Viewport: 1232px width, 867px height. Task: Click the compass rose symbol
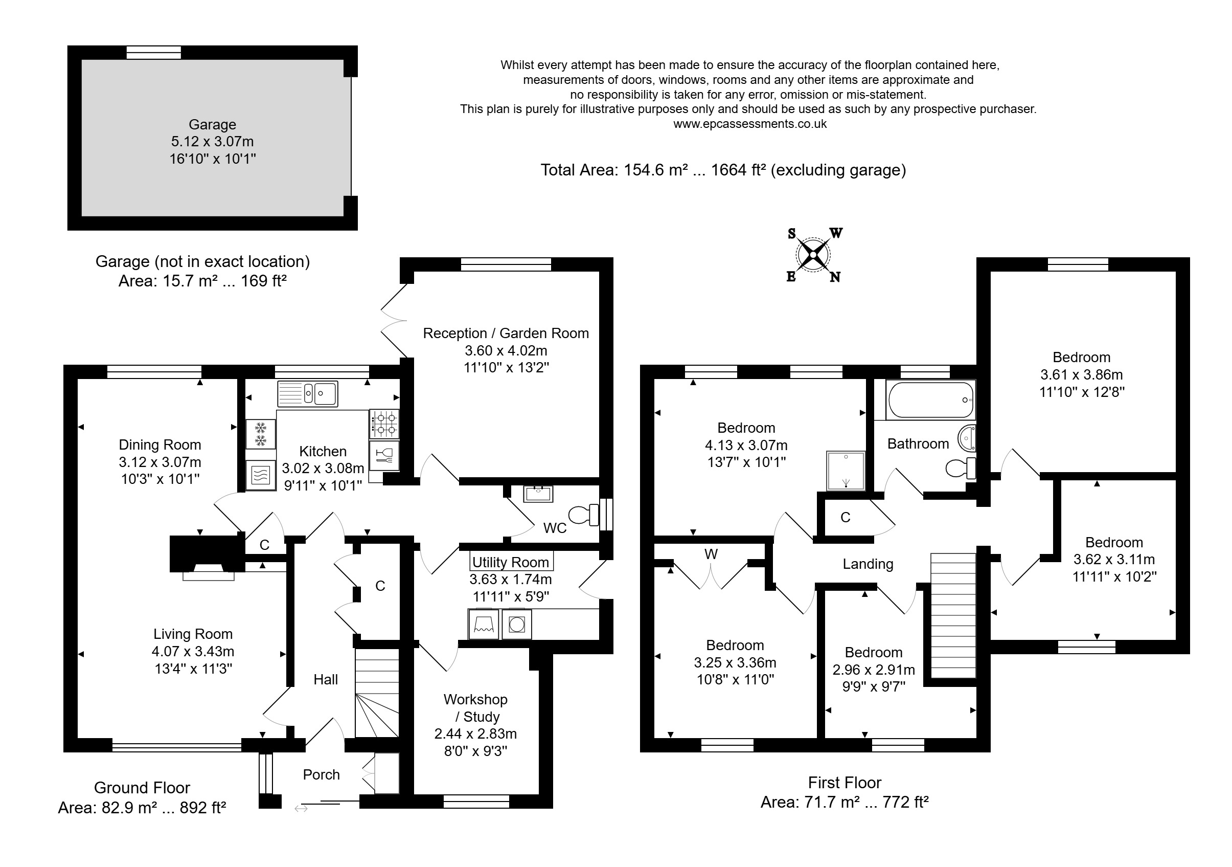813,255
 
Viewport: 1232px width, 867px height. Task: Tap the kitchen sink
307,394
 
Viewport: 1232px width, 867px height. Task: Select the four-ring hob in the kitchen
385,424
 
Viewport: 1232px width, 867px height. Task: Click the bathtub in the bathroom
931,400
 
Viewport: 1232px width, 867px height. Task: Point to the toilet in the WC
583,514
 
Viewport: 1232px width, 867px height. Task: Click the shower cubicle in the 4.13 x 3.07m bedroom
846,471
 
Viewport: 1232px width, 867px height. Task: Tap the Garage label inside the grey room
212,124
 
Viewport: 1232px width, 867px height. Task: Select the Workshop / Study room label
475,708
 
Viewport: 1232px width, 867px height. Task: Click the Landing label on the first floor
868,564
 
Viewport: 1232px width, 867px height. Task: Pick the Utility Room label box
511,562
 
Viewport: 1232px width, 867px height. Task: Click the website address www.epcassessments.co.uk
749,124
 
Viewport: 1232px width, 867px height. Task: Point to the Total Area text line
723,170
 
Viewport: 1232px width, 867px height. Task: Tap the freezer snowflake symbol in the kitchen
261,434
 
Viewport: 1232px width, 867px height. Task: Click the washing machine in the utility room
517,625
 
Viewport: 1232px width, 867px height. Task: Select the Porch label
321,774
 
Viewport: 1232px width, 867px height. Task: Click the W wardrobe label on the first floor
711,554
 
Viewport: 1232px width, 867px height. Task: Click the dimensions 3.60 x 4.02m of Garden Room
506,350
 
